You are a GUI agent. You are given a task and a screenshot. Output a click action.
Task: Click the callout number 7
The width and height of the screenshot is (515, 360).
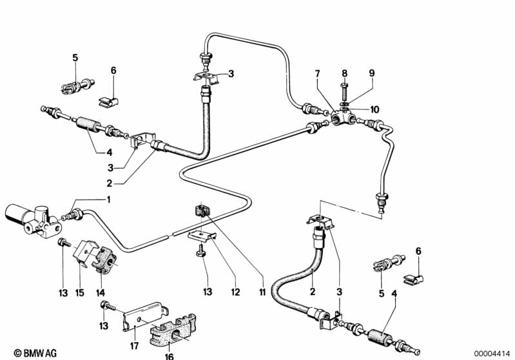317,74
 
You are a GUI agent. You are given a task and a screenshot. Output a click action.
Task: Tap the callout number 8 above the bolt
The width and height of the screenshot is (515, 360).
344,73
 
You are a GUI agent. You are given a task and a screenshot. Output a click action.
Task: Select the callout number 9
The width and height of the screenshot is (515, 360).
372,73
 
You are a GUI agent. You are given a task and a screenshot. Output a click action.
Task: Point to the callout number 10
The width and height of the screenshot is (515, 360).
374,109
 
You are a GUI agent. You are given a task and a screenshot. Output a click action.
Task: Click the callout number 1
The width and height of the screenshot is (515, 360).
108,200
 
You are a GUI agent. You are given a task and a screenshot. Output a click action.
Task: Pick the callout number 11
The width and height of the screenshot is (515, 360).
262,292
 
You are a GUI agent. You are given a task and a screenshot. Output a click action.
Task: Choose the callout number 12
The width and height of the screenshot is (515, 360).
235,292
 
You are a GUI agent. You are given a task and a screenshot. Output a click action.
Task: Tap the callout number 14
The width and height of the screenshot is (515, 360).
101,292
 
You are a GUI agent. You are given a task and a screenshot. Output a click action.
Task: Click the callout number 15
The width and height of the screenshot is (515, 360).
80,292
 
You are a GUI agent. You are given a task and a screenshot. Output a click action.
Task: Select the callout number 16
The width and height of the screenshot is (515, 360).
169,355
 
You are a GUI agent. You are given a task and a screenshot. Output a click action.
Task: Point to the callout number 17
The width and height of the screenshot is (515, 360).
134,346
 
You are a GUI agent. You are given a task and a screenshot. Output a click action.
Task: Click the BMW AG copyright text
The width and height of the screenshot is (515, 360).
35,353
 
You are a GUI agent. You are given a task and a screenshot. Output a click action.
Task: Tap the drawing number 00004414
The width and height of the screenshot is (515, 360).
492,354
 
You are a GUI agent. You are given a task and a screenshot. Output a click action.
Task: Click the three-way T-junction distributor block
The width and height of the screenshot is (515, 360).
343,117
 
